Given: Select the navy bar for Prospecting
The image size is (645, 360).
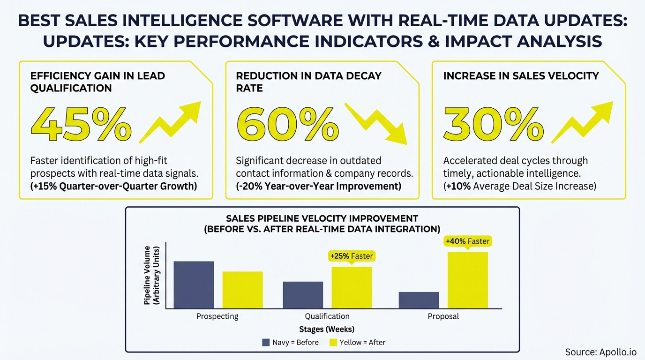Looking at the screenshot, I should tap(194, 285).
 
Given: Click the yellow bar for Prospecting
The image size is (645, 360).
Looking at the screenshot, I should tap(242, 290).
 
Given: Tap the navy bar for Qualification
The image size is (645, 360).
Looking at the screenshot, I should tap(303, 295).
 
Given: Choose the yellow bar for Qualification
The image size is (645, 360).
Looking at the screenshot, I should tap(352, 287).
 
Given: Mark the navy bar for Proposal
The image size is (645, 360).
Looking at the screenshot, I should tap(419, 300).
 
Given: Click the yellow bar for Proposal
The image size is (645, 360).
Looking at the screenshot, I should tap(467, 280).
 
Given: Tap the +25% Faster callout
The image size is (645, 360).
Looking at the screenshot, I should tap(352, 256).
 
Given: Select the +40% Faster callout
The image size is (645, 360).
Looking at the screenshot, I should tap(467, 241).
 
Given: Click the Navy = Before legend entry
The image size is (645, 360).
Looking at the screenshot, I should tap(290, 343).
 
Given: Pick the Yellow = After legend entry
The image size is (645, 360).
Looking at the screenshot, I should tap(357, 343).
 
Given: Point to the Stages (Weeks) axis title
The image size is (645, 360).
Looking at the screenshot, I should tap(327, 330).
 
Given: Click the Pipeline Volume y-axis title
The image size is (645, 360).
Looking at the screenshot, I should tap(152, 275).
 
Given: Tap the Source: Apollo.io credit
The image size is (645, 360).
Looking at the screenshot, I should tap(600, 352).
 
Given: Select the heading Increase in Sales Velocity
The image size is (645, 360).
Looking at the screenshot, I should tap(521, 76).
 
